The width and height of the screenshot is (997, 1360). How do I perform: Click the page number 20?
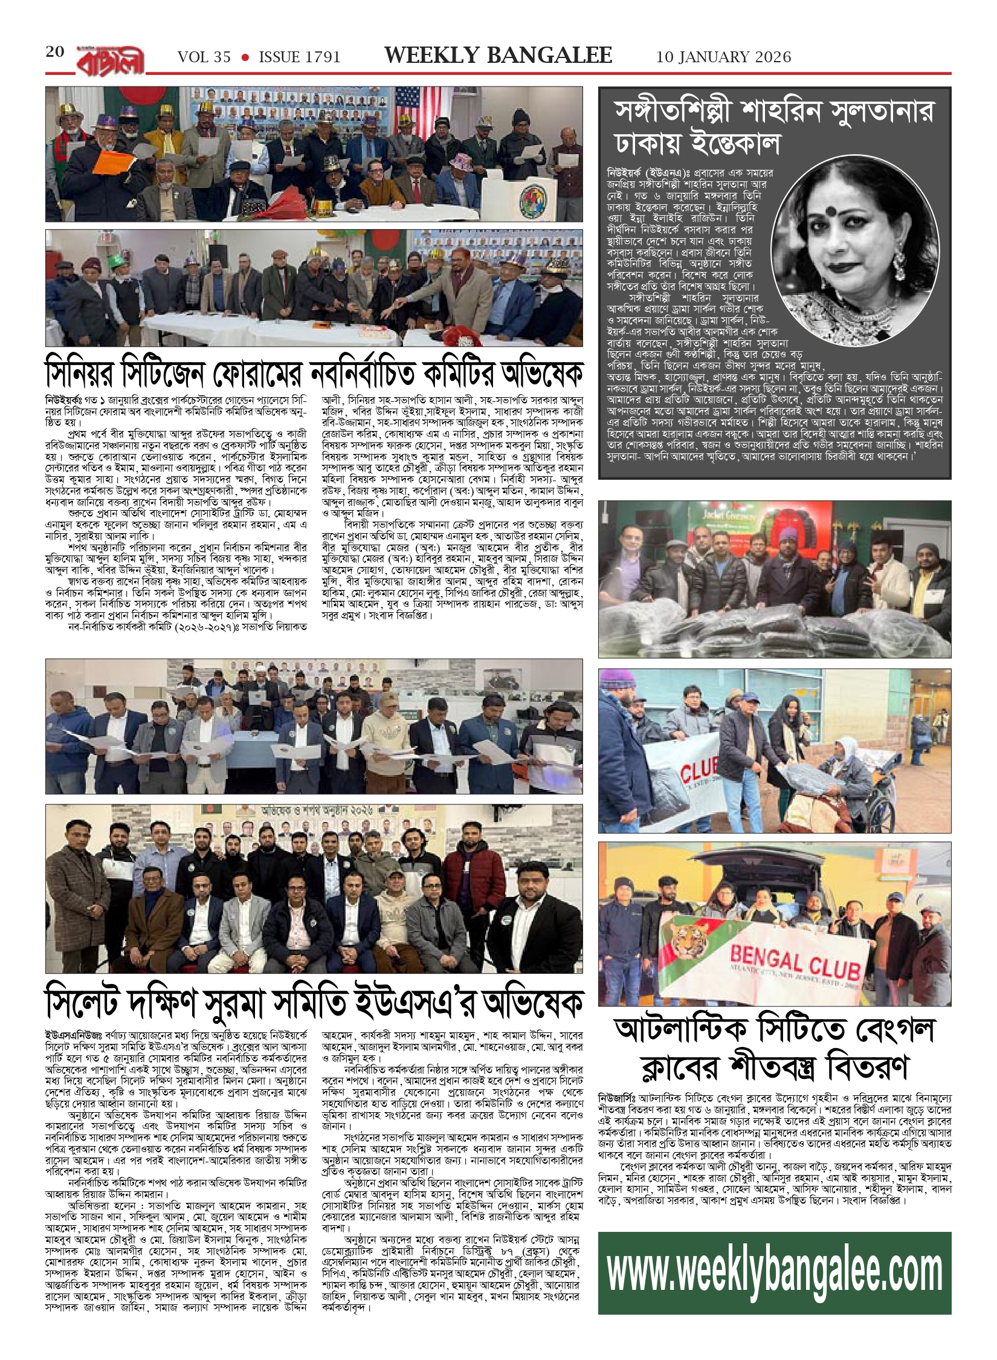55,52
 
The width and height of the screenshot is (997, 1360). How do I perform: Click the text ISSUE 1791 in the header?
299,57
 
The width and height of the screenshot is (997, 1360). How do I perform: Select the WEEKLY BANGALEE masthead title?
498,56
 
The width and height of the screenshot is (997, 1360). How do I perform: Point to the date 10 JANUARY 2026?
723,57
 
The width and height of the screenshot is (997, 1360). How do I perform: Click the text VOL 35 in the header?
204,57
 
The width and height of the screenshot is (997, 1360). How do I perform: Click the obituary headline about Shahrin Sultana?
773,127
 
